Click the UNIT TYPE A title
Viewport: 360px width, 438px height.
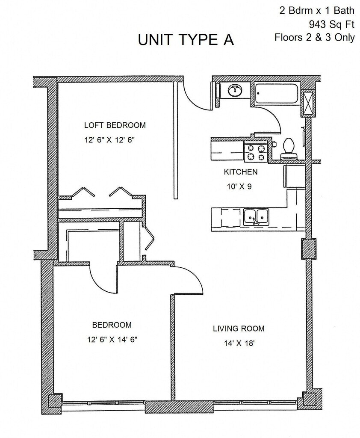pyautogui.click(x=186, y=39)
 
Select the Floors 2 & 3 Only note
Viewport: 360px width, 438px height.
pyautogui.click(x=314, y=37)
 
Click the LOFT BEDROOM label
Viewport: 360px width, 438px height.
pyautogui.click(x=115, y=125)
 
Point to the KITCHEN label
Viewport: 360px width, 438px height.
pyautogui.click(x=241, y=172)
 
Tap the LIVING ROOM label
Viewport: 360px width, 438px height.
pyautogui.click(x=239, y=328)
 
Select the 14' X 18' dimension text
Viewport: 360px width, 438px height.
pyautogui.click(x=239, y=343)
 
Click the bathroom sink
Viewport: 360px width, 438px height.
pyautogui.click(x=234, y=91)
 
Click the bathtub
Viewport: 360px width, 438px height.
pyautogui.click(x=276, y=93)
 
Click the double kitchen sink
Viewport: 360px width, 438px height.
pyautogui.click(x=256, y=217)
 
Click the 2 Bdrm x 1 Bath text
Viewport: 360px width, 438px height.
pyautogui.click(x=317, y=10)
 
